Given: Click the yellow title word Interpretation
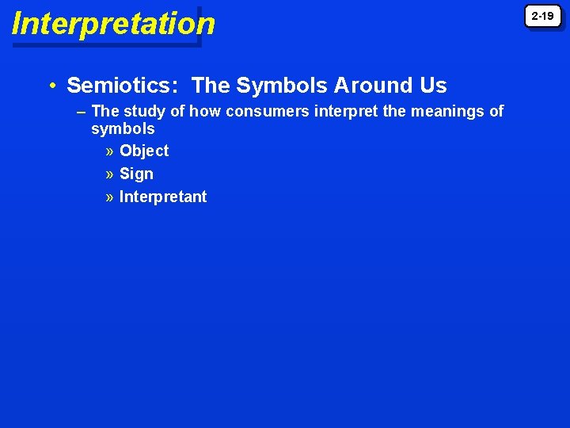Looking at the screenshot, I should pos(113,24).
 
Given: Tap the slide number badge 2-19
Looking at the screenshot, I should pos(542,16).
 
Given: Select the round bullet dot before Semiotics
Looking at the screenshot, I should pos(51,86).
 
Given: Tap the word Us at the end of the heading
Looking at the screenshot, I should pos(435,86).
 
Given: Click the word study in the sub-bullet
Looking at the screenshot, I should pos(141,112).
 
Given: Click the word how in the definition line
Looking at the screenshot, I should pos(205,112).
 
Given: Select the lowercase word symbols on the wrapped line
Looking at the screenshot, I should pos(123,128).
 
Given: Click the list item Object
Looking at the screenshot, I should pos(144,151).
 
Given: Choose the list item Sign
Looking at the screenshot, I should pos(136,174).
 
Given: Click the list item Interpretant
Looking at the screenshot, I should pos(163,197).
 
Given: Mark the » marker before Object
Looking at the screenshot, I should pos(109,151).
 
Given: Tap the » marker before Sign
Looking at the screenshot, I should pos(109,174).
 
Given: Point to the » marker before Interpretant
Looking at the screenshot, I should pos(109,197).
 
